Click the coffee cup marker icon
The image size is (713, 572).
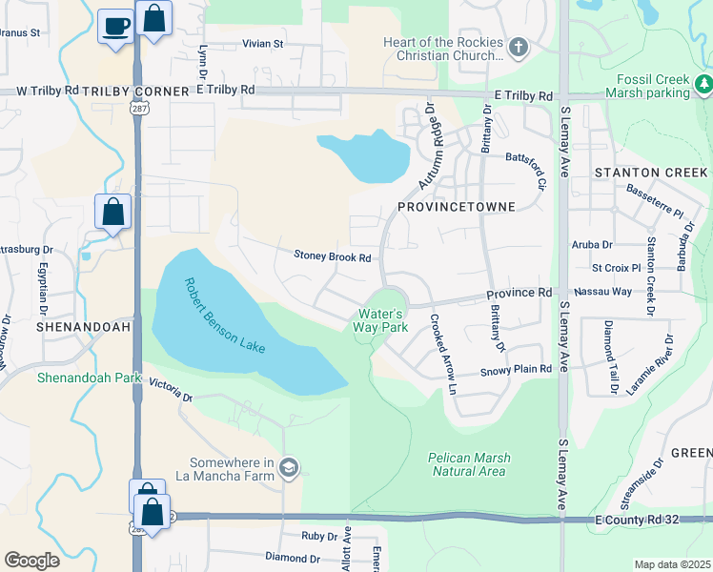point(115,27)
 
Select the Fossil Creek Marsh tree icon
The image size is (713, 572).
point(703,84)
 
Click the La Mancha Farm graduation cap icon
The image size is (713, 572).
point(290,467)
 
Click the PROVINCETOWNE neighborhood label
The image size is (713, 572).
point(456,207)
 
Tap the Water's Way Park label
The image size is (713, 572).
point(384,320)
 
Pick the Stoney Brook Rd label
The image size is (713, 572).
point(332,256)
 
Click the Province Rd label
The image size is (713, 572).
point(519,293)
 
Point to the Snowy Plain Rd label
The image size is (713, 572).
point(516,369)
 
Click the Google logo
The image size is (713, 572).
point(31,561)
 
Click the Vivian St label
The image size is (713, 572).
point(263,44)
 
